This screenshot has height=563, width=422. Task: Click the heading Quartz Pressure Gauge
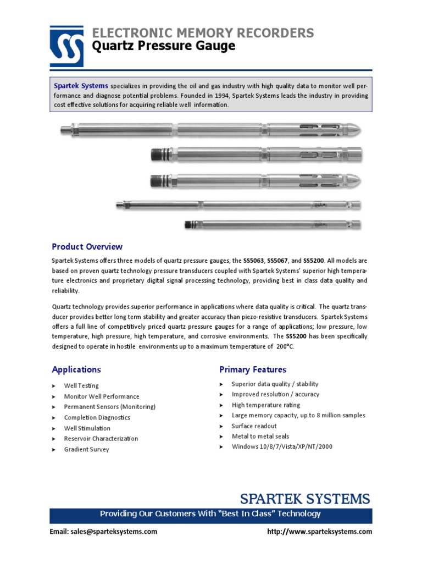point(164,46)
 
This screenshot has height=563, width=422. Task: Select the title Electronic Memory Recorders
point(203,32)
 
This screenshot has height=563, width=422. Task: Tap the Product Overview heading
point(87,246)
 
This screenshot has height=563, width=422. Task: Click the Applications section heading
point(76,369)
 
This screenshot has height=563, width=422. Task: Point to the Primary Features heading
point(253,369)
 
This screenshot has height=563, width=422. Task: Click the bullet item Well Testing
point(81,386)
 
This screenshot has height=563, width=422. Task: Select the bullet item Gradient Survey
point(86,449)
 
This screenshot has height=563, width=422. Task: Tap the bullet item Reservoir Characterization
point(101,439)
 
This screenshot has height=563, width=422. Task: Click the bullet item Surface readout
point(254,426)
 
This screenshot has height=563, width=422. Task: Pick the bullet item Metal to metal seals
point(260,437)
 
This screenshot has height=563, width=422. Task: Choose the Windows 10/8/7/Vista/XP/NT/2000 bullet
point(282,447)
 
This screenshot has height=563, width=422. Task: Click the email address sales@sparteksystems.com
point(103,532)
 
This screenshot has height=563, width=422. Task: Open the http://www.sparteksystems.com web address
point(319,532)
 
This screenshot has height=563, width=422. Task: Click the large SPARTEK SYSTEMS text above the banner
point(305,499)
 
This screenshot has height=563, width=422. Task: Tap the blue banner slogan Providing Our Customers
point(210,514)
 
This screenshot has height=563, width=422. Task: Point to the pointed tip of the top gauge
point(358,131)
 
